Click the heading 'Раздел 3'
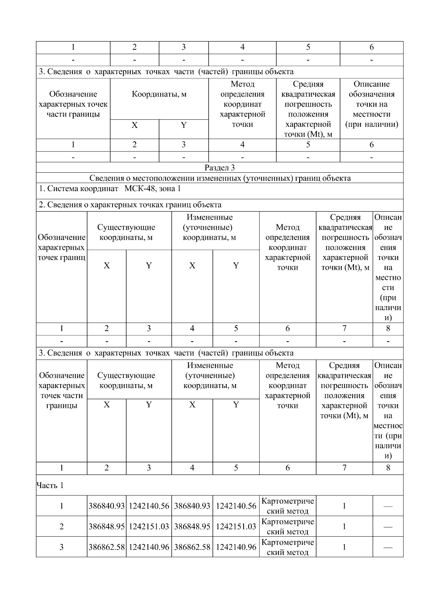[x=220, y=167]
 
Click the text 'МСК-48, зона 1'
[x=153, y=189]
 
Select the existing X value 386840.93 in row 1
[x=106, y=506]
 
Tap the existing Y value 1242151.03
[x=149, y=527]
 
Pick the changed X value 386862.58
[x=192, y=547]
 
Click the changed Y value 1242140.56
[x=236, y=506]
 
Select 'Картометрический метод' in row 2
[x=288, y=527]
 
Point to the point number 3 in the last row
[x=61, y=547]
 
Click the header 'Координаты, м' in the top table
[x=159, y=94]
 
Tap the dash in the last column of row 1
[x=388, y=506]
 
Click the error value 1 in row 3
[x=344, y=547]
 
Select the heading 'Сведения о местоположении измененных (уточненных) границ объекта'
[x=220, y=178]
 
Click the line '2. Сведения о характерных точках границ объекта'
[x=130, y=205]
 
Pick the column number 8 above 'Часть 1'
[x=388, y=468]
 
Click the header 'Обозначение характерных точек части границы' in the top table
[x=73, y=104]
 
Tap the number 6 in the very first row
[x=371, y=47]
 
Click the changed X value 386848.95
[x=192, y=527]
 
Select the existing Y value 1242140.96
[x=149, y=547]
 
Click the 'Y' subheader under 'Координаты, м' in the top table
[x=184, y=125]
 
